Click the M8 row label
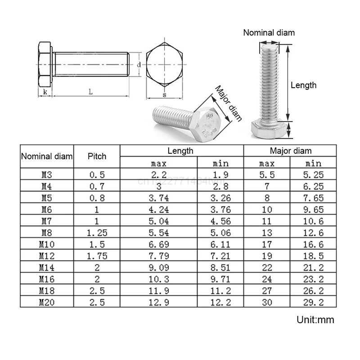point(47,233)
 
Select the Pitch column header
point(97,156)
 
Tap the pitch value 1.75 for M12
point(97,256)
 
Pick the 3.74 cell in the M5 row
point(159,198)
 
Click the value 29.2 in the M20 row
point(313,302)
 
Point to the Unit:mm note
point(315,319)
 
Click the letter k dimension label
point(45,92)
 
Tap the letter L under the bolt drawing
point(91,92)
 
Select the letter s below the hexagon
point(164,95)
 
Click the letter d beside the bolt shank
point(139,65)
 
